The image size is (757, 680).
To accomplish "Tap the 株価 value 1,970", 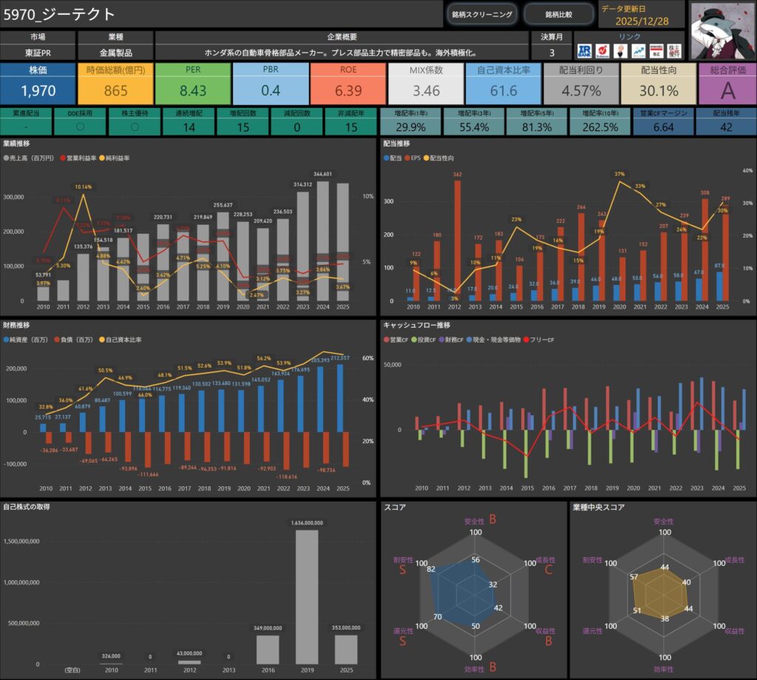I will pos(38,91).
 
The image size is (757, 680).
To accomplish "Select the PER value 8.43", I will pos(193,91).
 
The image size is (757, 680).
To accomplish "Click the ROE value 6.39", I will pos(348,91).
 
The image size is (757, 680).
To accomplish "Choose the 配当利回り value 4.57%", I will pos(581,91).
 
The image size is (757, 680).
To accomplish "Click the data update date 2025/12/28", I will pos(642,21).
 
